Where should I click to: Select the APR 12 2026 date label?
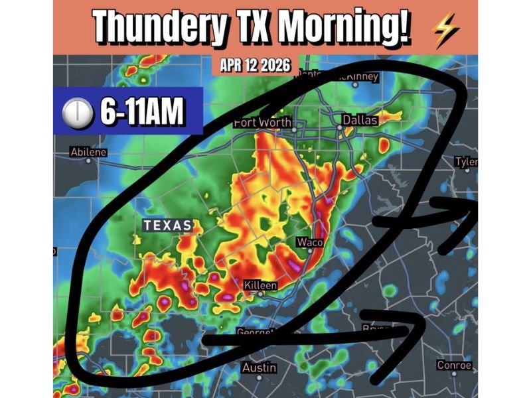tap(255, 66)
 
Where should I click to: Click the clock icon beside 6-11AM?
tap(77, 113)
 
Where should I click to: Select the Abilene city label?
tap(88, 153)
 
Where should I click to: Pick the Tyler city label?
tap(466, 162)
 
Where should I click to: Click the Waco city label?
tap(309, 241)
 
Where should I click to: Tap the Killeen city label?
tap(260, 285)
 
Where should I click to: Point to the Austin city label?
tap(259, 367)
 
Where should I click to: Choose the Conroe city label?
tap(455, 365)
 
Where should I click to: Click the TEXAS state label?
tap(167, 226)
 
